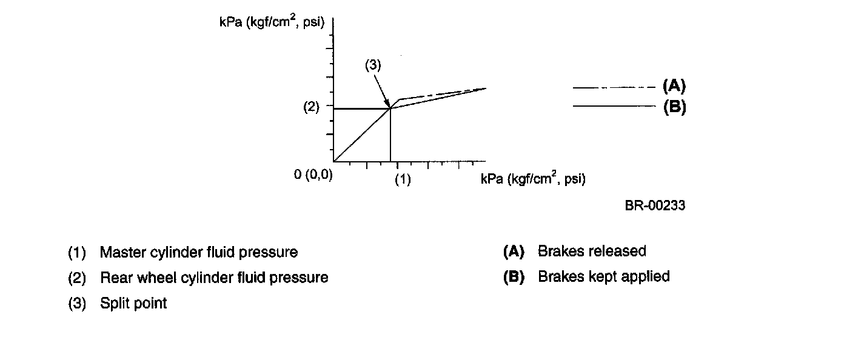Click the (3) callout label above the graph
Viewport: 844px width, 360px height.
point(373,66)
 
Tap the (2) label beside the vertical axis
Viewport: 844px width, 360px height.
point(311,107)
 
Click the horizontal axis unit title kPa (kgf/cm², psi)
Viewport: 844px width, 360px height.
point(533,179)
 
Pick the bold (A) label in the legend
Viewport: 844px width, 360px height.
point(674,85)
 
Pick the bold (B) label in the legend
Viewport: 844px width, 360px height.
point(674,107)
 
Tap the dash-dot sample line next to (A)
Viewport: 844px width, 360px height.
point(614,88)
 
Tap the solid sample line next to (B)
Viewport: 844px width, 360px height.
point(614,106)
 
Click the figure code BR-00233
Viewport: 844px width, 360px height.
point(655,205)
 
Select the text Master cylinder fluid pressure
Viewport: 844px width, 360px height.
point(199,252)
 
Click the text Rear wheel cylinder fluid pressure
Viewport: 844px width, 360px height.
point(214,278)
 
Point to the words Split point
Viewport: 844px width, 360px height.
point(133,303)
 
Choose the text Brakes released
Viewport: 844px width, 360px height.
point(592,251)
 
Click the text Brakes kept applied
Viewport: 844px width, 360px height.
point(603,276)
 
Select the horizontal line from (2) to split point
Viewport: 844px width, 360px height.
point(361,108)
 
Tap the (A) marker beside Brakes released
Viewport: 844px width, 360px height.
point(513,251)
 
